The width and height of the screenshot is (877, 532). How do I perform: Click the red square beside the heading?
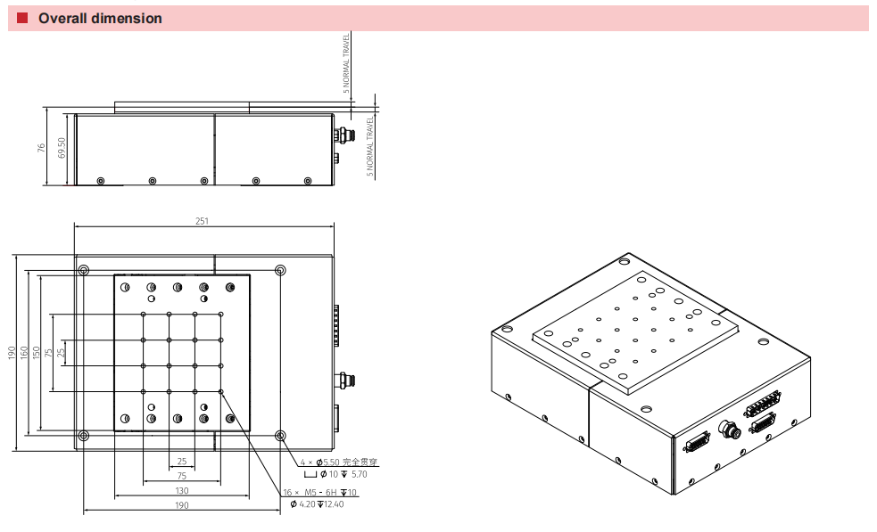pos(23,18)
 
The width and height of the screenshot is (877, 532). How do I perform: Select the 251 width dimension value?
pos(203,221)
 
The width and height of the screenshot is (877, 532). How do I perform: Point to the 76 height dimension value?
pos(42,147)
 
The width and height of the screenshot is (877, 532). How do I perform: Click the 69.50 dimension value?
pos(62,147)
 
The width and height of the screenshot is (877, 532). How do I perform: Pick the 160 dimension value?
pos(24,353)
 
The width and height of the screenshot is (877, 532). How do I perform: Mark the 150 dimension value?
pos(37,353)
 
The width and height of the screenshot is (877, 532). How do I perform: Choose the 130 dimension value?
pos(181,490)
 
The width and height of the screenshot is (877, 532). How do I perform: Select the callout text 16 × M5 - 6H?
pos(308,493)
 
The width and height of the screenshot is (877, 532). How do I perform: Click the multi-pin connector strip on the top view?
pos(337,325)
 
